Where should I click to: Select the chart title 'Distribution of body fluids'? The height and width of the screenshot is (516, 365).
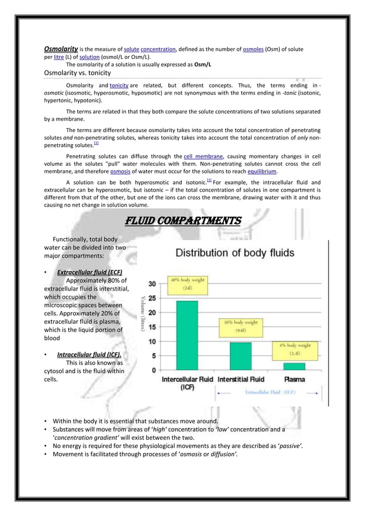click(235, 252)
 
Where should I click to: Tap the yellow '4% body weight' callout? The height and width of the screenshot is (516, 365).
click(295, 349)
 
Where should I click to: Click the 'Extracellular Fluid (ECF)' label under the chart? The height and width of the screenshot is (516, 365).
click(271, 392)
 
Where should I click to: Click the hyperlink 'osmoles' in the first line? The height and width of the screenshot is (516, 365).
click(252, 50)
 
